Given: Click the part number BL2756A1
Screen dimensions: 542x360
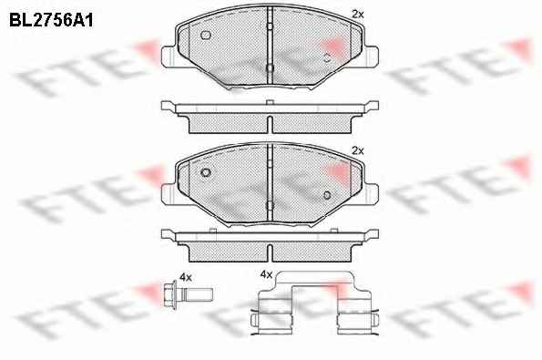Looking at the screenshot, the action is [x=51, y=21].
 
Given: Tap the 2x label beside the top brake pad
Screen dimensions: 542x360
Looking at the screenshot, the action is [x=358, y=15].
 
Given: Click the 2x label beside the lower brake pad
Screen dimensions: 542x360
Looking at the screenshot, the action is [x=358, y=150].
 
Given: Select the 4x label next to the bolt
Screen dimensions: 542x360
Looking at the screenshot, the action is [x=186, y=277].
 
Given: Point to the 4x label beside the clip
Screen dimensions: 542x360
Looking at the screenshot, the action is [x=266, y=274].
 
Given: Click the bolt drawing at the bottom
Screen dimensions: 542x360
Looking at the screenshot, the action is [x=188, y=294].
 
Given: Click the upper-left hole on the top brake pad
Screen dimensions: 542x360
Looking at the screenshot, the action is [x=206, y=35].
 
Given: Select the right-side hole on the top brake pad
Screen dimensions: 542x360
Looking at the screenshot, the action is [x=327, y=57].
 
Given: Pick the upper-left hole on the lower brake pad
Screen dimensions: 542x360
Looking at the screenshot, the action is [x=206, y=172].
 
